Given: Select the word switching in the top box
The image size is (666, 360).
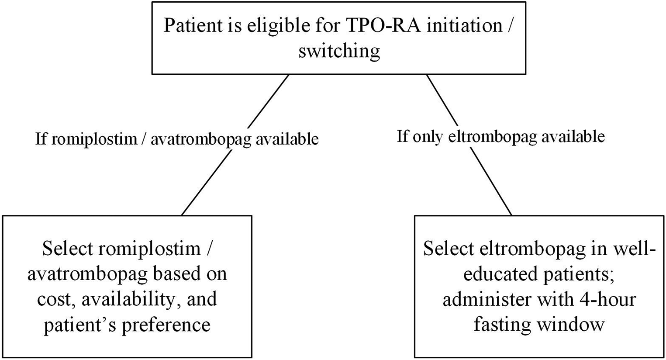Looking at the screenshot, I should pos(339,51).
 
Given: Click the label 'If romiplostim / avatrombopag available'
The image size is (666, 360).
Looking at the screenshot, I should pos(177,139).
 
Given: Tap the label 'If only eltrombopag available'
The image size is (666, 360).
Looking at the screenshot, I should pos(500,136).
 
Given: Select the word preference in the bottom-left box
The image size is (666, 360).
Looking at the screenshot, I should pos(166,325).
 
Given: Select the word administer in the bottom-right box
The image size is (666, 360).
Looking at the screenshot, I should pos(486,299).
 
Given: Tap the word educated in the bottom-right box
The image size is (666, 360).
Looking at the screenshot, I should pos(495,274).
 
